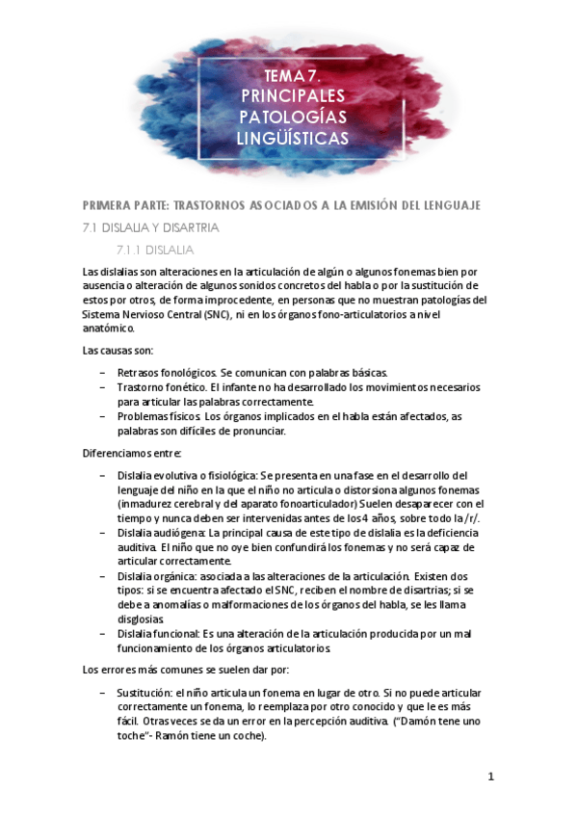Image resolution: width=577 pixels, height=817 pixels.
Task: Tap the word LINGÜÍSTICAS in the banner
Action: pyautogui.click(x=293, y=140)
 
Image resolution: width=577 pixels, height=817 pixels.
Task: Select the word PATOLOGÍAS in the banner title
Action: pyautogui.click(x=293, y=118)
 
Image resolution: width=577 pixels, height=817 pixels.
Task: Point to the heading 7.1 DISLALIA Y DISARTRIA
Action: pyautogui.click(x=151, y=228)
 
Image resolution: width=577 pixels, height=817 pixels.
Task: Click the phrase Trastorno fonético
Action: pyautogui.click(x=156, y=386)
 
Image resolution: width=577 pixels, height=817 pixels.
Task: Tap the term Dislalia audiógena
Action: pyautogui.click(x=159, y=532)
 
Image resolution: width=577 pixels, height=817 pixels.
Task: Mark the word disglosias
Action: pyautogui.click(x=141, y=619)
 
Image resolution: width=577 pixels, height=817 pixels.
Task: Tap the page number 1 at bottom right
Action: pyautogui.click(x=491, y=777)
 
